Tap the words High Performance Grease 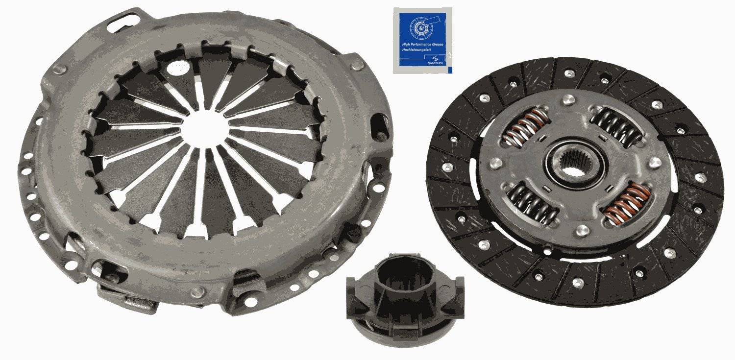click(x=423, y=44)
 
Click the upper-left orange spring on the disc click(x=524, y=126)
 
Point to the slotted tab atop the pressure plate click(x=121, y=20)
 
